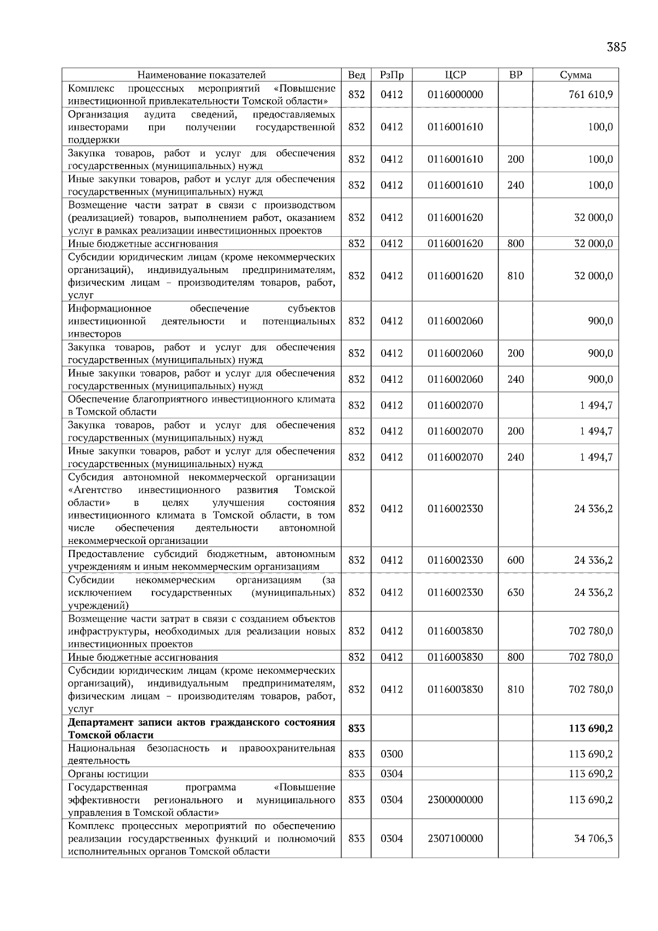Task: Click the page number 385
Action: click(x=616, y=47)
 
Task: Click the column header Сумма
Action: click(x=575, y=75)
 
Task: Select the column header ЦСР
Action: click(x=455, y=75)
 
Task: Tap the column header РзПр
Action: click(x=391, y=75)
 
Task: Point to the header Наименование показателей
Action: click(x=201, y=75)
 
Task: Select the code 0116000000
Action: click(x=455, y=95)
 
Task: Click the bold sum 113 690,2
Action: click(x=591, y=729)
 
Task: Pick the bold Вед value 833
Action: click(x=356, y=729)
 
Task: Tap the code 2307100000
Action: click(x=455, y=838)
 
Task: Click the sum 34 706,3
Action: click(x=593, y=838)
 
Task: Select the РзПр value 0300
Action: click(x=391, y=754)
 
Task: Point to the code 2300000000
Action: click(x=455, y=799)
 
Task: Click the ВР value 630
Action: click(x=515, y=592)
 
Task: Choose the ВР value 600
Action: click(x=515, y=560)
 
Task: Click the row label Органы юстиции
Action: click(x=108, y=774)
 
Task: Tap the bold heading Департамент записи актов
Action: click(x=201, y=728)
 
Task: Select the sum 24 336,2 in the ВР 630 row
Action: click(x=593, y=592)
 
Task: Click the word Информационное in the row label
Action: click(x=109, y=308)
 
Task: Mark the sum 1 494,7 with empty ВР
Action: click(x=596, y=405)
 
